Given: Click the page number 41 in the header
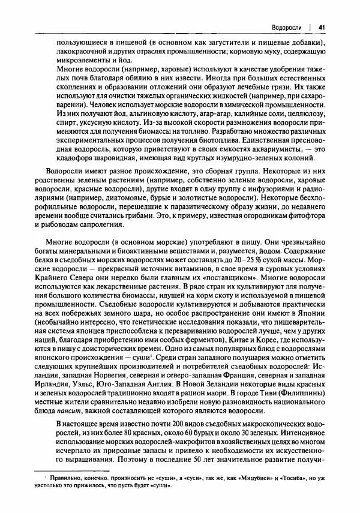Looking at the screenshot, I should point(322,27).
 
